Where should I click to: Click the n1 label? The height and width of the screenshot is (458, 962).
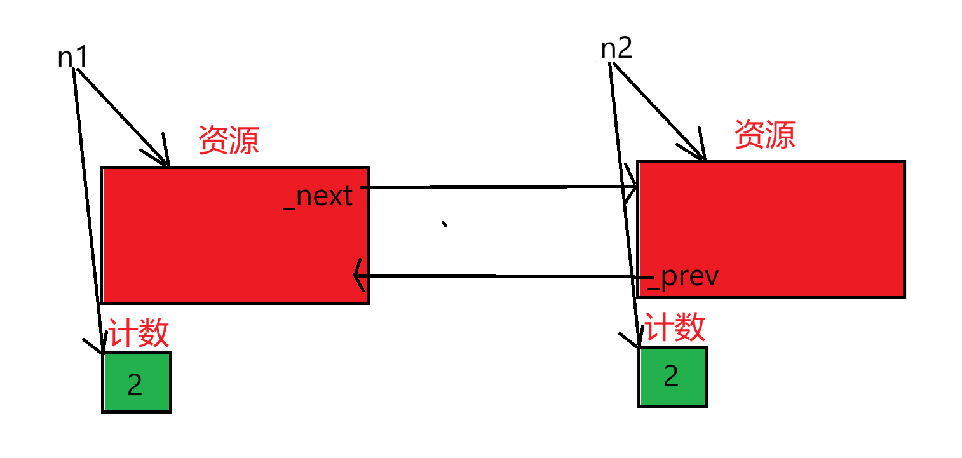point(72,58)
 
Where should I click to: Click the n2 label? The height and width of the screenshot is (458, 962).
point(616,49)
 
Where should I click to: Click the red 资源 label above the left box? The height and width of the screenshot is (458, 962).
point(229,140)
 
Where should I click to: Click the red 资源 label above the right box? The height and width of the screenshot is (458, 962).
point(765,135)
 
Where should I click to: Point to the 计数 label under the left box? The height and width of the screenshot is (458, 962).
point(139,332)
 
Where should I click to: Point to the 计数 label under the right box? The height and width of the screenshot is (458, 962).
point(675,328)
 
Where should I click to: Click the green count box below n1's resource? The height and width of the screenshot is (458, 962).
point(137,382)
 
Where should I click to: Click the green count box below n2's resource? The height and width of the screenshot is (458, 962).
point(672,377)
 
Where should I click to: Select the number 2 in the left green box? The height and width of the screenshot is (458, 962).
point(135,384)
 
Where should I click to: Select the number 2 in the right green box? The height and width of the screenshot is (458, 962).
point(671,377)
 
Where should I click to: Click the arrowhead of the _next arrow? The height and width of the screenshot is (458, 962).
point(632,187)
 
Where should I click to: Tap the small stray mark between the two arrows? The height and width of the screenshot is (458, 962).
point(445,224)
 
